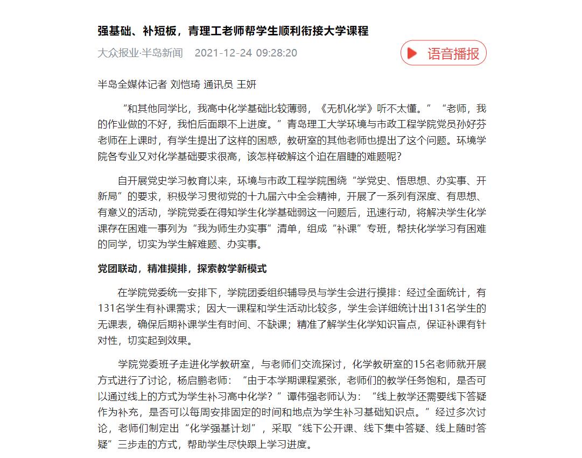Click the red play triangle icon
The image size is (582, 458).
point(412,53)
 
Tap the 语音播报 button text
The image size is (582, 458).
point(453,53)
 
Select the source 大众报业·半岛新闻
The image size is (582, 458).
point(140,53)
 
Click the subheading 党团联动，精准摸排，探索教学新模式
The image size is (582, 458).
point(182,269)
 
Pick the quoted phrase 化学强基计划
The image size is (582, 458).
point(222,429)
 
